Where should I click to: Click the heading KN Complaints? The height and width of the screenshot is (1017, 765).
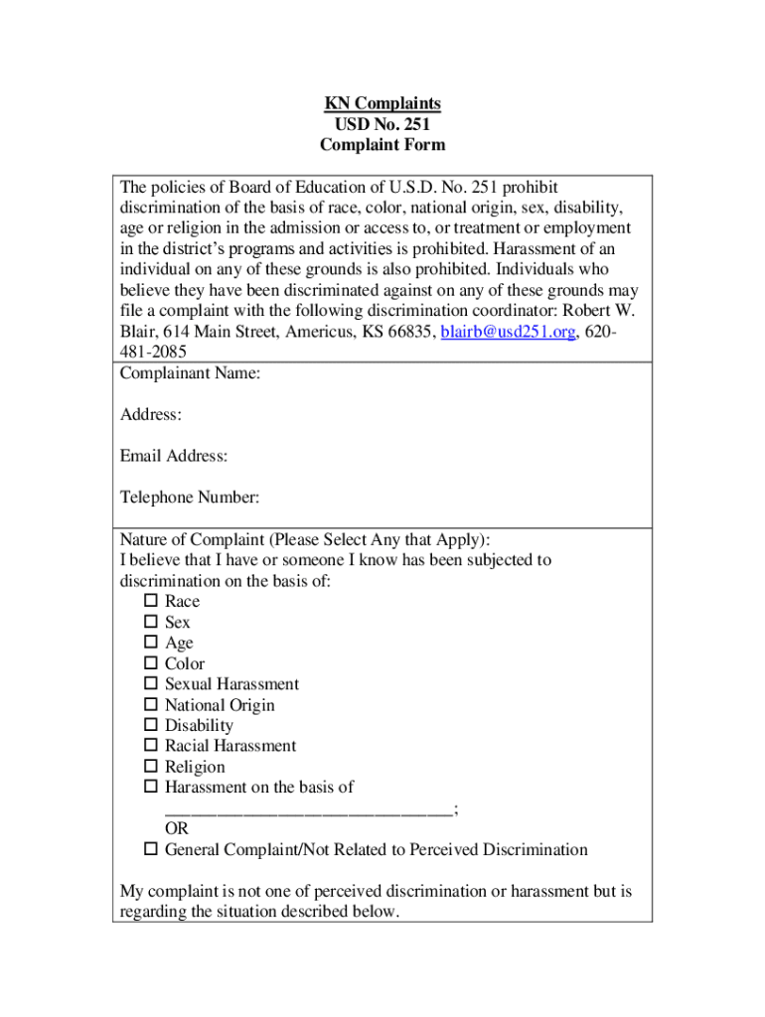382,103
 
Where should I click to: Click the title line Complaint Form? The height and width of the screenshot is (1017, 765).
382,145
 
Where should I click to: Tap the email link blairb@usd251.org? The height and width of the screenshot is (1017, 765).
508,332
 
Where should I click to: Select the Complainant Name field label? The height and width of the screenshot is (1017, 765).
190,373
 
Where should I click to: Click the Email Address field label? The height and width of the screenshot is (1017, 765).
174,456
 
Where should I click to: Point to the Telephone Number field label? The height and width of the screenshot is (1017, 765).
190,498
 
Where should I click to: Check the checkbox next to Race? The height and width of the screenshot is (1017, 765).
151,601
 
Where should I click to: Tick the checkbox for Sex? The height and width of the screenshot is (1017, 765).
151,622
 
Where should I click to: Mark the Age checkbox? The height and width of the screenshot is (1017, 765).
151,643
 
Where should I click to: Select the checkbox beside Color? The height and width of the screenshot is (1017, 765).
151,663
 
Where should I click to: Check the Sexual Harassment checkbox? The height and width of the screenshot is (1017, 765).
151,684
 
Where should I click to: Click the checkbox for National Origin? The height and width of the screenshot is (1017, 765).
151,705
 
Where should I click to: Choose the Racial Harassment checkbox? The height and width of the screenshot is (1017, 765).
151,746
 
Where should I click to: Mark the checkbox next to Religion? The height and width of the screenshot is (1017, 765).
151,767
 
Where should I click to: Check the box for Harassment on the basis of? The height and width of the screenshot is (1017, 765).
151,788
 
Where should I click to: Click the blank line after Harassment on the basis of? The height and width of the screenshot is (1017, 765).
308,810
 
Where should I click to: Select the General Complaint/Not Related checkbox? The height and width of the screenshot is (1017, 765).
151,850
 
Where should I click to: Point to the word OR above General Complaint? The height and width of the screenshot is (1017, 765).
177,829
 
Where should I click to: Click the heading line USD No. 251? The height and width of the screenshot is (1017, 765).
382,124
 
